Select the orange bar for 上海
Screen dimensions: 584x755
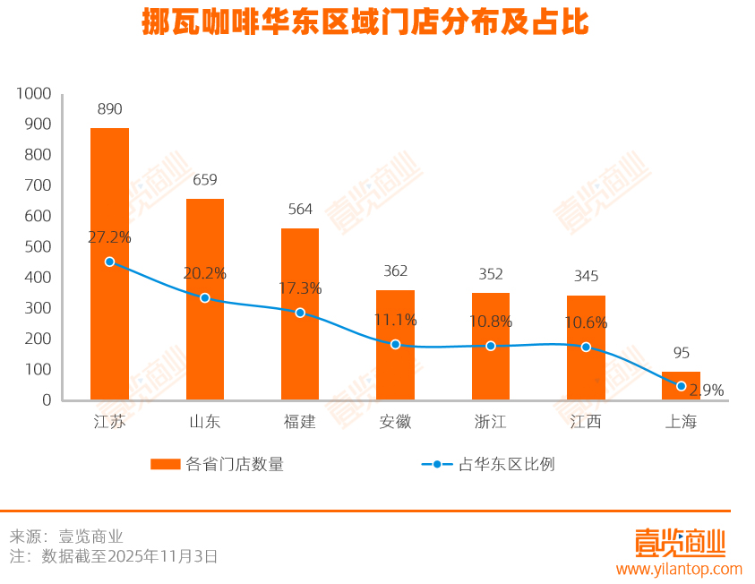(681, 386)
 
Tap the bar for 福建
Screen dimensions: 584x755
(300, 313)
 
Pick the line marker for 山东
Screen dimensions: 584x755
(205, 297)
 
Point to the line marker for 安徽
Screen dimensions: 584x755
(395, 344)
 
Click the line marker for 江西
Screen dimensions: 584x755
(586, 347)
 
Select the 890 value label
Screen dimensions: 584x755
(109, 109)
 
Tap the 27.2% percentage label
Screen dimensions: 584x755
(109, 237)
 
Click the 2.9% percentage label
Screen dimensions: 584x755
(707, 390)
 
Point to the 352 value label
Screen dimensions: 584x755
(491, 274)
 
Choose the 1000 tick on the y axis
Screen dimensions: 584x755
(33, 93)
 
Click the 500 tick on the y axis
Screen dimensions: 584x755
(38, 246)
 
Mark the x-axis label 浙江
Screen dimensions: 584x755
(491, 421)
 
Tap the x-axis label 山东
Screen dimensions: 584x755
(205, 421)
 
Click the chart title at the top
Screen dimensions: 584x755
(365, 23)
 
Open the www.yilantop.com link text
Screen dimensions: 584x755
(679, 569)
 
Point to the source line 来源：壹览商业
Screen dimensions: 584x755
(65, 537)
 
